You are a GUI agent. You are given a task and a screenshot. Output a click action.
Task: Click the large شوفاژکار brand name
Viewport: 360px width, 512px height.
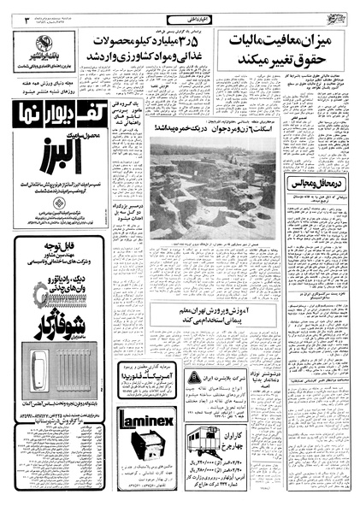48,322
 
